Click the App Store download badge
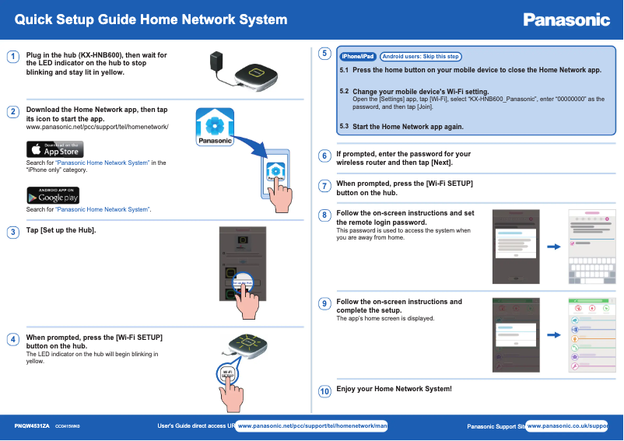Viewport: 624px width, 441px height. click(x=55, y=149)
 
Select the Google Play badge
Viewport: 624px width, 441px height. click(x=54, y=195)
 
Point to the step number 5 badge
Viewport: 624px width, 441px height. click(x=324, y=54)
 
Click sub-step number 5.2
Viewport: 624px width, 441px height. click(x=345, y=91)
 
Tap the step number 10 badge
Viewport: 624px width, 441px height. click(x=324, y=390)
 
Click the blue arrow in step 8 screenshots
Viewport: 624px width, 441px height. click(x=554, y=247)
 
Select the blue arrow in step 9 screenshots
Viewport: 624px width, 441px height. click(x=554, y=335)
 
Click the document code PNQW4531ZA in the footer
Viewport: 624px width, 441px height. click(x=32, y=426)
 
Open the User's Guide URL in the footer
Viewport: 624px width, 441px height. click(x=311, y=426)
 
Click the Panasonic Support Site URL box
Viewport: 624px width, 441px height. click(x=567, y=426)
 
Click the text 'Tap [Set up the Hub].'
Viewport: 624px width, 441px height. click(x=61, y=231)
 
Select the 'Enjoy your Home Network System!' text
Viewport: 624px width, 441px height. click(x=394, y=389)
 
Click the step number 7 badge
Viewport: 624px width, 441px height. click(x=324, y=186)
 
